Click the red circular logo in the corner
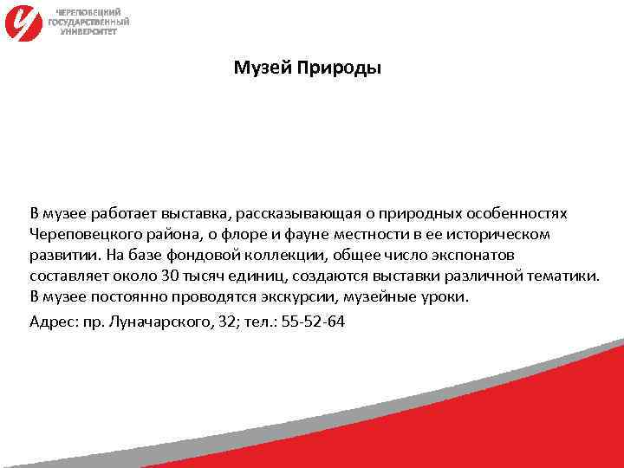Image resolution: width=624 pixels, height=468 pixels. point(24,22)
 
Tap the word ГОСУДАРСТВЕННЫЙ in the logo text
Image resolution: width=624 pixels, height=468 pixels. point(89,22)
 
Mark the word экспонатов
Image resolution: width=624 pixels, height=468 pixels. point(474,257)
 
